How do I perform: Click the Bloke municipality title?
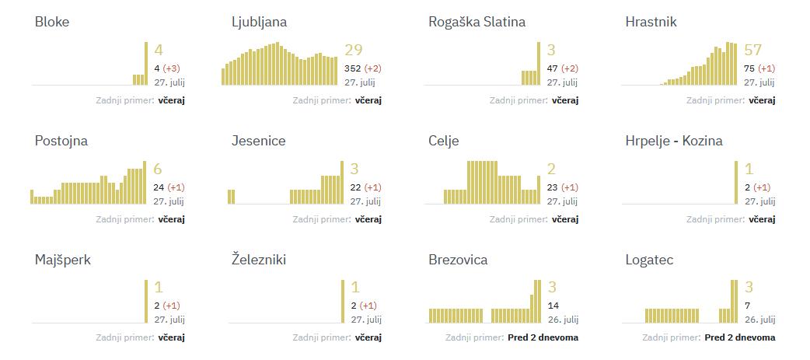pos(52,22)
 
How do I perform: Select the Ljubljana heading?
pos(259,22)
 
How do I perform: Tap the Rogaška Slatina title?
pos(477,22)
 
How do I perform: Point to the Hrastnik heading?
pos(651,22)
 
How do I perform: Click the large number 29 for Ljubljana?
pos(353,51)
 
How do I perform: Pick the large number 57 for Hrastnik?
pos(752,51)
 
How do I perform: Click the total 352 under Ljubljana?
pos(352,68)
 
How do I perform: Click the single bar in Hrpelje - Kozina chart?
pos(735,183)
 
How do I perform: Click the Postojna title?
pos(61,141)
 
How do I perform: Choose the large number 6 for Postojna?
pos(158,170)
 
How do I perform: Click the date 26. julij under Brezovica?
pos(562,320)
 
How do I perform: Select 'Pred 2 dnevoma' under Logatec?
pos(739,337)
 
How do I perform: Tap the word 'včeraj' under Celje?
pos(565,219)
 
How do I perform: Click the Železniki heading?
pos(259,260)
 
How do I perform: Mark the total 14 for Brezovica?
pos(553,306)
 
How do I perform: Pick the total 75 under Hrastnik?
pos(750,68)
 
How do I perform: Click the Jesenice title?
pos(258,141)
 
